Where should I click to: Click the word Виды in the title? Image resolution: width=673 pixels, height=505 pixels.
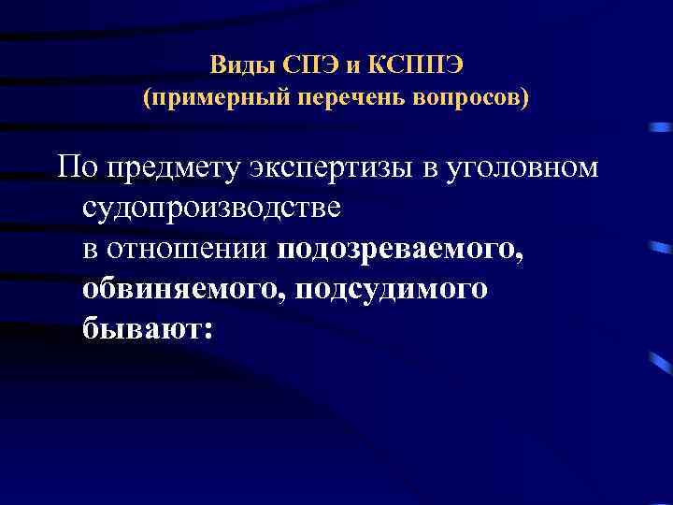click(236, 65)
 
